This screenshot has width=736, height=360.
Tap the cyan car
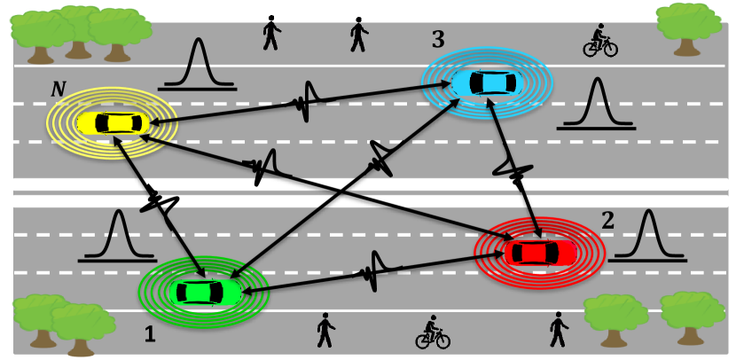(x=484, y=83)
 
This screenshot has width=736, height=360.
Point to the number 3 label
(x=437, y=39)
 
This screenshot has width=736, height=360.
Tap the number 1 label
(x=150, y=335)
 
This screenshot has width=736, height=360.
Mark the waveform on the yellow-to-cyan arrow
(x=306, y=101)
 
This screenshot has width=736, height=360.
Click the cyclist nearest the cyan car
(x=599, y=41)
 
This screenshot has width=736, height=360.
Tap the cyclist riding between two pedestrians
(x=433, y=333)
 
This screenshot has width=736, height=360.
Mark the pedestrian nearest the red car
(x=559, y=329)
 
